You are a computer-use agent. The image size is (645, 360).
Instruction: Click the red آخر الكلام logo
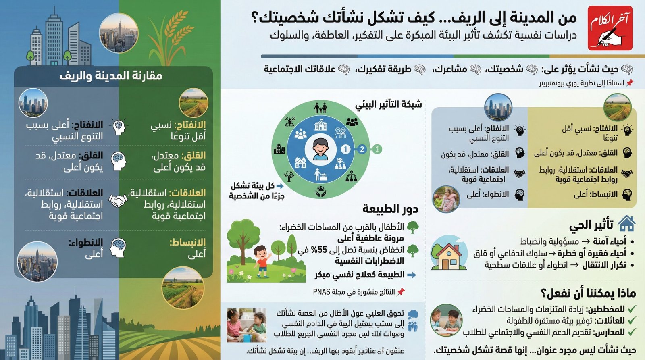pyautogui.click(x=610, y=28)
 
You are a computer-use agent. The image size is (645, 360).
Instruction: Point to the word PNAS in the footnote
pyautogui.click(x=321, y=292)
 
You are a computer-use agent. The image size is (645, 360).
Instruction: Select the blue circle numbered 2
pyautogui.click(x=362, y=150)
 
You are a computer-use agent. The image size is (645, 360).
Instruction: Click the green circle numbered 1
pyautogui.click(x=377, y=150)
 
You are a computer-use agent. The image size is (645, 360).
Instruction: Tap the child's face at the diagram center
pyautogui.click(x=320, y=147)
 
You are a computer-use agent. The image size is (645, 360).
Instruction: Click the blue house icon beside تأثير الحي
pyautogui.click(x=626, y=224)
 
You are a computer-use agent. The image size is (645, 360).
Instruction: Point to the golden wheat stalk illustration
pyautogui.click(x=170, y=36)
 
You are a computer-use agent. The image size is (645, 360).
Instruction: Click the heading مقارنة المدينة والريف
pyautogui.click(x=111, y=76)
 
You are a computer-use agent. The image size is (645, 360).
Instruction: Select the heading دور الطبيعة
pyautogui.click(x=390, y=209)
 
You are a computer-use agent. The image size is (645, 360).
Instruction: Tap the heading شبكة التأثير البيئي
pyautogui.click(x=388, y=105)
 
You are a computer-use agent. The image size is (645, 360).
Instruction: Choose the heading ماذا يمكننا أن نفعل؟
pyautogui.click(x=588, y=293)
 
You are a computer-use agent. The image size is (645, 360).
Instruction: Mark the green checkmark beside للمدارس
pyautogui.click(x=632, y=332)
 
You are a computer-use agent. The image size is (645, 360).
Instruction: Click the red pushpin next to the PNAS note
pyautogui.click(x=401, y=292)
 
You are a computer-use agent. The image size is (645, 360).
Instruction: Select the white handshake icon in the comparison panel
pyautogui.click(x=117, y=200)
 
